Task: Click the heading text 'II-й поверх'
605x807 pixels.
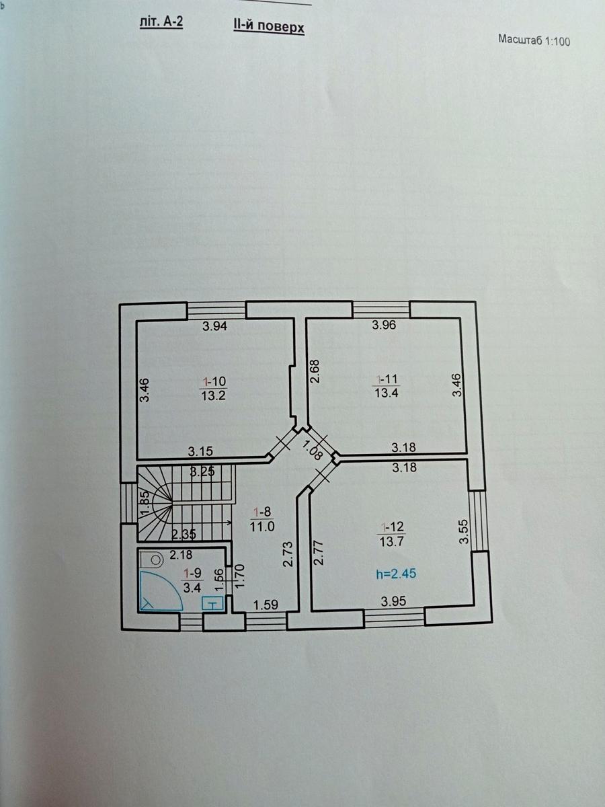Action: tap(268, 27)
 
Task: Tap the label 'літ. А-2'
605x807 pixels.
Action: tap(161, 22)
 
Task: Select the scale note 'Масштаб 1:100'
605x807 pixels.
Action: tap(534, 40)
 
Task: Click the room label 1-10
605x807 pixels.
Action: tap(213, 381)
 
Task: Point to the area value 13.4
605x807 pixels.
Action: tap(387, 393)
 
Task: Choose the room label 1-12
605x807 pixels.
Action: tap(393, 527)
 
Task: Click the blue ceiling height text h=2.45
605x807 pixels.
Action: tap(396, 573)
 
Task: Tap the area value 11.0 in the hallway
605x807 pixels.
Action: tap(262, 527)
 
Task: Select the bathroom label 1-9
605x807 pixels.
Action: tap(192, 572)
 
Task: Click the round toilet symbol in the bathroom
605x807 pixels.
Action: tap(157, 560)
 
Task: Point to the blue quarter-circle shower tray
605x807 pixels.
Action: tap(161, 591)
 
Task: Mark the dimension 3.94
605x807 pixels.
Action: tap(215, 325)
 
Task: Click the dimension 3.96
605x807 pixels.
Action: tap(384, 325)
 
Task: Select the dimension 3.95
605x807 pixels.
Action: tap(393, 601)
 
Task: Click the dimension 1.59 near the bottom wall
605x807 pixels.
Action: tap(266, 605)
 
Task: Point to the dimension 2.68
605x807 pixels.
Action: tap(315, 372)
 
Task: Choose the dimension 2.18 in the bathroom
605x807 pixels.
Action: tap(181, 554)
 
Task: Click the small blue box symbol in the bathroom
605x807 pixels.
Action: tap(212, 604)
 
